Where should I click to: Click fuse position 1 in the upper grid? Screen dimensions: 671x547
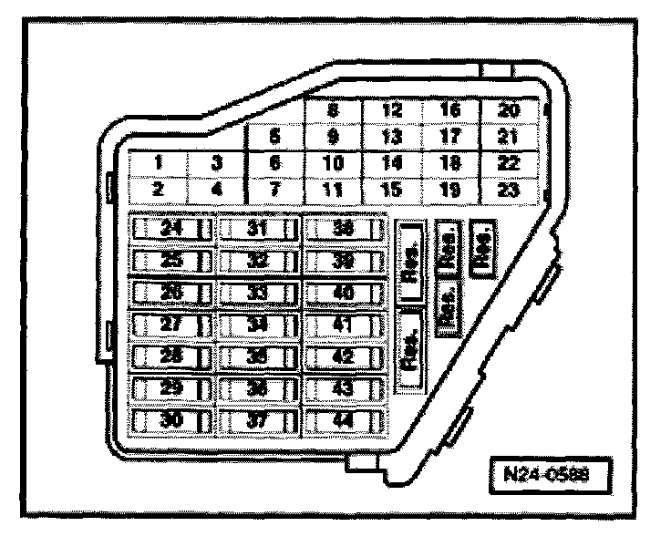158,163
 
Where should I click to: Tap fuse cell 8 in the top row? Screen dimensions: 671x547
333,110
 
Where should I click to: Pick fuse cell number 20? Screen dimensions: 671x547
511,110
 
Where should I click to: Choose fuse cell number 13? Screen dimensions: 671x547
392,137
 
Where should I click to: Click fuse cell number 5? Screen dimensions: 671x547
274,137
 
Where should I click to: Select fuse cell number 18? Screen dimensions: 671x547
451,163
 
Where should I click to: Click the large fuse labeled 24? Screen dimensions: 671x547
170,228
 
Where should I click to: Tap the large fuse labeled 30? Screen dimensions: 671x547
170,422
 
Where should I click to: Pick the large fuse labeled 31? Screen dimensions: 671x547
258,228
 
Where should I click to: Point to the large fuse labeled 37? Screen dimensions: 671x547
258,422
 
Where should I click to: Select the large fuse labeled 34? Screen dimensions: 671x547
258,325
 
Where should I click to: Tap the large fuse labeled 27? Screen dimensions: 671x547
170,325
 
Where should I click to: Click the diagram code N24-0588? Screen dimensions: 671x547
546,474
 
